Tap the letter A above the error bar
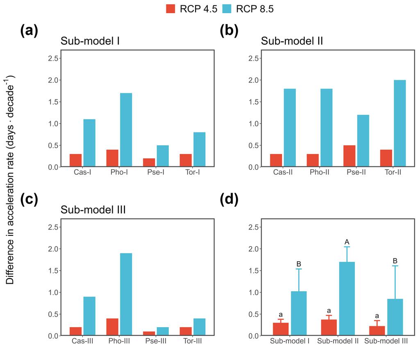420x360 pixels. coord(347,241)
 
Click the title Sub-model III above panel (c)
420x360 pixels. coord(93,210)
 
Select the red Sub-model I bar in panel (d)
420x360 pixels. coord(281,329)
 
